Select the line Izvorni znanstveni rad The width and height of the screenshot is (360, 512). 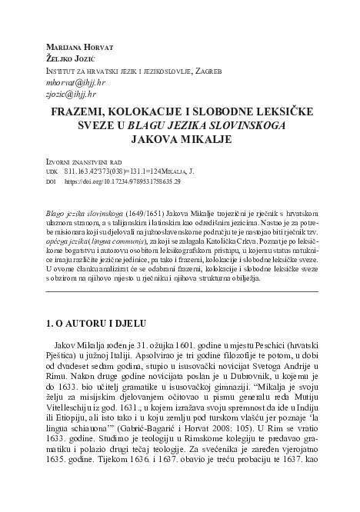pyautogui.click(x=81, y=163)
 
